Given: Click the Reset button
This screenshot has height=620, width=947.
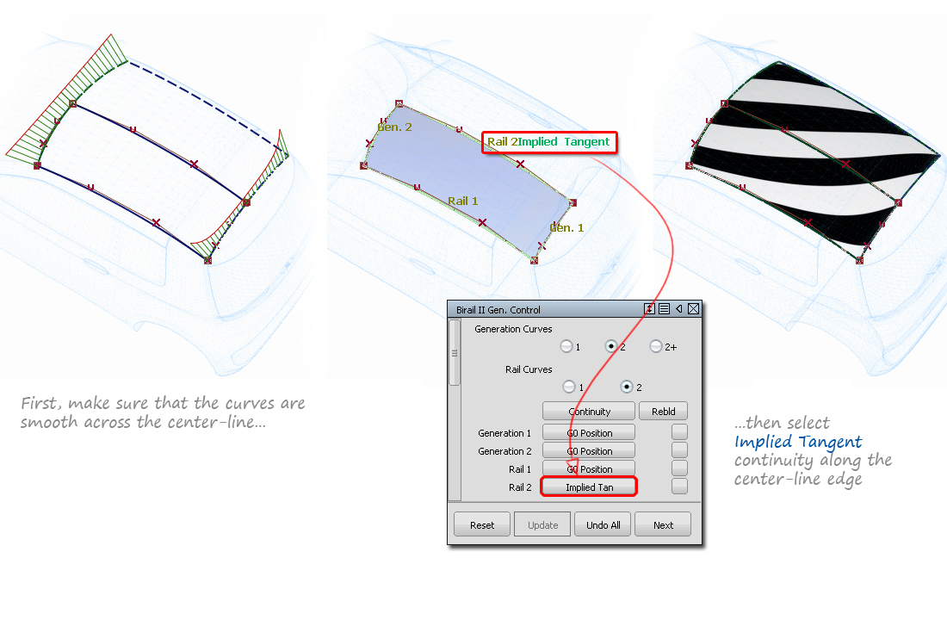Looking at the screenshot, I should click(482, 524).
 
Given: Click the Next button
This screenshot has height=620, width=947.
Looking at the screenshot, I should click(663, 524).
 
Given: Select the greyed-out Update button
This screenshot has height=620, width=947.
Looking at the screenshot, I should click(542, 524).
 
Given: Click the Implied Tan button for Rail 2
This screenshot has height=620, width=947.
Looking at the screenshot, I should click(589, 487).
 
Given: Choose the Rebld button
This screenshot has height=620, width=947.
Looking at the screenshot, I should click(663, 412).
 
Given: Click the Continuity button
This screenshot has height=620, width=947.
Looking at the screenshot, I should click(589, 412).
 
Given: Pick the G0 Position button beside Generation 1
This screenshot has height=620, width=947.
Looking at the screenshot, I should click(589, 433).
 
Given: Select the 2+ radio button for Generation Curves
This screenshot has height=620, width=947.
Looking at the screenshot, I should click(656, 346).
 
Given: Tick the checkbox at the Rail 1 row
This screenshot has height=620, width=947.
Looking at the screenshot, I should click(679, 468).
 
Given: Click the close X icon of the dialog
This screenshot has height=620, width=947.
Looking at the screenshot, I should click(693, 309).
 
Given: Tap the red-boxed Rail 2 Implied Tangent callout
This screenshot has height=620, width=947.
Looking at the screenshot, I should click(548, 142).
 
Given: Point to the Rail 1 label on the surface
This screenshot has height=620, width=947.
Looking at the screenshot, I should click(462, 201).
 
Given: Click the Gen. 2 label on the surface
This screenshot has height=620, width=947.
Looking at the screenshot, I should click(394, 127).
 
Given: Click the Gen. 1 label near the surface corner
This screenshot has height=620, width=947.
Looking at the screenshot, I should click(566, 228).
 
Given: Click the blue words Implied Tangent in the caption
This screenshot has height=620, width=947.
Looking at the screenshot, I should click(797, 442).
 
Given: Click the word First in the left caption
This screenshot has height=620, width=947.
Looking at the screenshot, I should click(40, 403).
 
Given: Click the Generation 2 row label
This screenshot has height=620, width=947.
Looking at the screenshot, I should click(504, 451).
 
